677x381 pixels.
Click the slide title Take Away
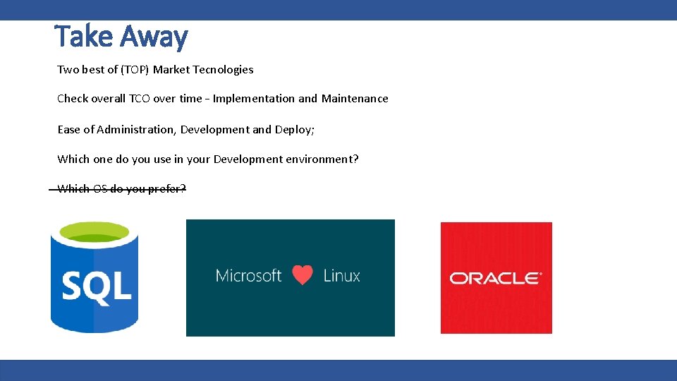click(x=121, y=37)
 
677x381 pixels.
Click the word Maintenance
click(x=355, y=99)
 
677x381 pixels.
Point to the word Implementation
click(x=254, y=99)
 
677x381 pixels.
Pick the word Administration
click(x=136, y=130)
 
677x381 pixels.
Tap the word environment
click(x=322, y=159)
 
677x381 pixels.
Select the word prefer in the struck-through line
click(x=167, y=189)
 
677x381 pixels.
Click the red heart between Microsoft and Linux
click(x=303, y=275)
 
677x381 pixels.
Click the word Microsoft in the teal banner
click(x=248, y=275)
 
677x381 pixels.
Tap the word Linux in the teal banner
click(x=342, y=275)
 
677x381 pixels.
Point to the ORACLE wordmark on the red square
click(x=496, y=278)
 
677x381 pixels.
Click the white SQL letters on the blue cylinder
click(x=96, y=286)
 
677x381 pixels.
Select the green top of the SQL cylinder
click(x=94, y=232)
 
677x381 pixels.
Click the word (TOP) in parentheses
click(x=135, y=70)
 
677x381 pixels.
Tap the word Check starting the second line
click(x=73, y=99)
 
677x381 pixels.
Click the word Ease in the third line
click(x=69, y=130)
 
